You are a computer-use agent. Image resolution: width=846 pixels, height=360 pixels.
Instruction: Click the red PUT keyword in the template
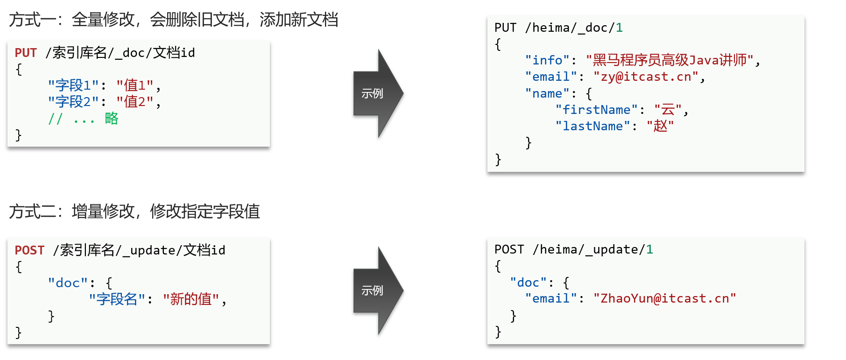[26, 53]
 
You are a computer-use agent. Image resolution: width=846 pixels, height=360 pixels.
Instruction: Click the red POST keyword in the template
[29, 250]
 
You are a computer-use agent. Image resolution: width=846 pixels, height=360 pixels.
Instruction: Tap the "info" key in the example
[547, 60]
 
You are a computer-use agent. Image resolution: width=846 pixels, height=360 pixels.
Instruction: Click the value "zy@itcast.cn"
[646, 77]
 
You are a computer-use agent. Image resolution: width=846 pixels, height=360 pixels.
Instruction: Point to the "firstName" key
[596, 110]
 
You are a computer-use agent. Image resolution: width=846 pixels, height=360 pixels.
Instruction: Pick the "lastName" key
[592, 126]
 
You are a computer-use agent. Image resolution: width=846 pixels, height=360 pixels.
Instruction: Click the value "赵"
[660, 126]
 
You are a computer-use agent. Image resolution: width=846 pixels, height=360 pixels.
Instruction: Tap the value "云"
[668, 110]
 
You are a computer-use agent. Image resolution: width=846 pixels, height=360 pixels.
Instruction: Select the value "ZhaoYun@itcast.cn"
[664, 298]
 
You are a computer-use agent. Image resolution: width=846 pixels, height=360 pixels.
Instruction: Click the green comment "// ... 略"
[83, 119]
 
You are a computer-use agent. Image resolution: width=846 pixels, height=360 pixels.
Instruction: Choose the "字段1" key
[73, 85]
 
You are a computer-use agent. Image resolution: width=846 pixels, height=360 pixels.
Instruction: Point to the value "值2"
[135, 102]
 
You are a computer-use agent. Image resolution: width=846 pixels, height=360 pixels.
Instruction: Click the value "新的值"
[191, 299]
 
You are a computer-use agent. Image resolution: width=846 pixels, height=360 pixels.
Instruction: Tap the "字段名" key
[117, 299]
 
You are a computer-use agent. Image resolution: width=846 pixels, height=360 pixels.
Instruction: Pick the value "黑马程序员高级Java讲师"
[670, 60]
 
